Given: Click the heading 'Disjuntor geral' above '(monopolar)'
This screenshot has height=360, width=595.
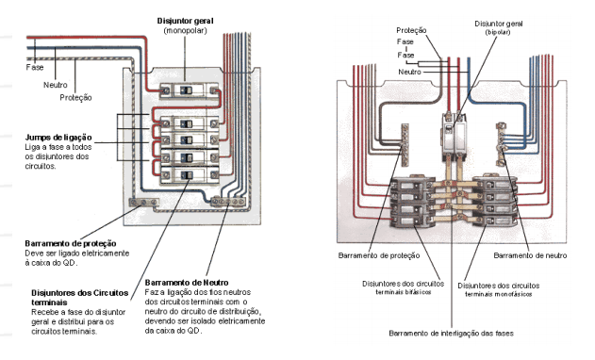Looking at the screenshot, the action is click(185, 21).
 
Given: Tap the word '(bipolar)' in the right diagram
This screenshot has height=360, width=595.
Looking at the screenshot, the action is click(498, 32).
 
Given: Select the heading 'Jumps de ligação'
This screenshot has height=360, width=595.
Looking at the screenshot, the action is click(58, 138).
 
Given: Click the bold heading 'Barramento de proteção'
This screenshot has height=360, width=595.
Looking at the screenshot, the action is click(71, 243).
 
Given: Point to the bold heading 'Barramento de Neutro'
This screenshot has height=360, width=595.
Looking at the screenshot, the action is click(187, 283).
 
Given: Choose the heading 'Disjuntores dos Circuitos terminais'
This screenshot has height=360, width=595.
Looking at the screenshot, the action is click(80, 298).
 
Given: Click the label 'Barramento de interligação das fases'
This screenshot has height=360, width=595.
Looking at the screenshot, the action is click(451, 334).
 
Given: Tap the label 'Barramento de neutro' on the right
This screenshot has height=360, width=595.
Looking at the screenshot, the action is click(530, 255).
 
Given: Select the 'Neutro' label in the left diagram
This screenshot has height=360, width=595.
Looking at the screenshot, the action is click(55, 85).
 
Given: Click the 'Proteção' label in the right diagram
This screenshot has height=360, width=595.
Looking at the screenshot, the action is click(411, 30).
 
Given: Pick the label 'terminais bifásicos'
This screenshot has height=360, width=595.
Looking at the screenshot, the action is click(404, 292).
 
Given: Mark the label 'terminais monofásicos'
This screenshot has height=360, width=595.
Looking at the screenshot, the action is click(499, 294).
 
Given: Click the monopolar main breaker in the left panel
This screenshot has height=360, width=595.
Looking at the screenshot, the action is click(189, 90).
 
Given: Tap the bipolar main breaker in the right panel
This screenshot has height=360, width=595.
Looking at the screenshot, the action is click(454, 137).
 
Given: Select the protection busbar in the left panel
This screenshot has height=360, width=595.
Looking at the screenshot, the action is click(144, 203).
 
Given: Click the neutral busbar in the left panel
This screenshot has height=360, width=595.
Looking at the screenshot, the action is click(229, 202).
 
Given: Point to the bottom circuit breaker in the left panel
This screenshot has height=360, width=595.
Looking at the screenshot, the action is click(190, 175).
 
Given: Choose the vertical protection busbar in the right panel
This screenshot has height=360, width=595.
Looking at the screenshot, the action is click(405, 144).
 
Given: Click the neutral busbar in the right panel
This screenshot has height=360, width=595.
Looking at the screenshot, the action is click(502, 144).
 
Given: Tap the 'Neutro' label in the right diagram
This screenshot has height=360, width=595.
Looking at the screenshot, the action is click(409, 72).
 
